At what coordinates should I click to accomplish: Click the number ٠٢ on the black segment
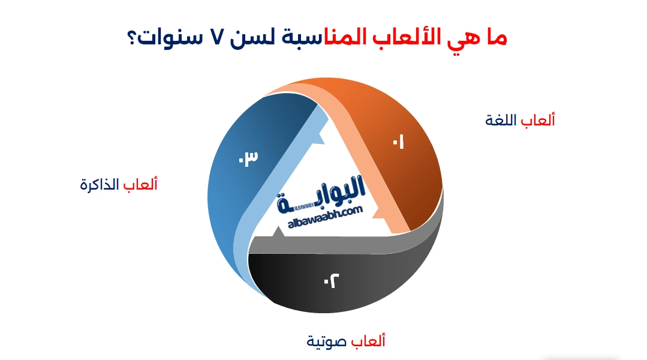(x=331, y=280)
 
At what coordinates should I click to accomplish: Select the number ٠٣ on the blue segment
(x=248, y=158)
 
